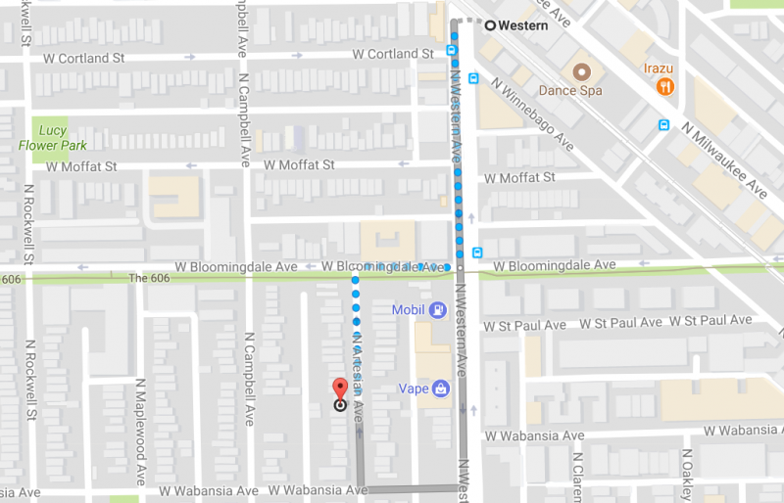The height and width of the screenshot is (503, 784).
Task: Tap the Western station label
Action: click(522, 25)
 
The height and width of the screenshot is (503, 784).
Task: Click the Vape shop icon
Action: click(442, 388)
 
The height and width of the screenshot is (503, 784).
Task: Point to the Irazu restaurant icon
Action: click(666, 86)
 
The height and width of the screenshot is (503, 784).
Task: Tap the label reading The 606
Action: click(149, 278)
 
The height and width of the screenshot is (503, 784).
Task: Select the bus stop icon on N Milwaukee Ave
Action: click(663, 124)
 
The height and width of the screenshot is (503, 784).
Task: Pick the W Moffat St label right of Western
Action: click(519, 177)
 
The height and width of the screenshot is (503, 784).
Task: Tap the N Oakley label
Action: click(688, 475)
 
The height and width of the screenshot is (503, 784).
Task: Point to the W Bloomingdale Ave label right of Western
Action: click(554, 265)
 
